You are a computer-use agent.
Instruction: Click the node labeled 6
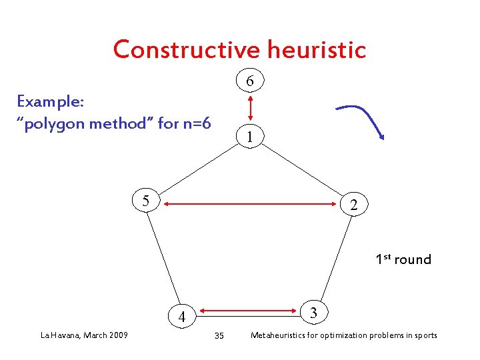click(249, 81)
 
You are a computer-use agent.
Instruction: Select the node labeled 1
click(249, 137)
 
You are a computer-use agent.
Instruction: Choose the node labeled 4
click(181, 317)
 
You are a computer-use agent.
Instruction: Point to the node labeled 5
click(145, 200)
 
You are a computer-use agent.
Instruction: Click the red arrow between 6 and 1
click(249, 109)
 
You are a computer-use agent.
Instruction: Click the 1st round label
click(403, 259)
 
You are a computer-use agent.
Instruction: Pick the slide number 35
click(219, 335)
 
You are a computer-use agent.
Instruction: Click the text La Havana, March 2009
click(84, 335)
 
